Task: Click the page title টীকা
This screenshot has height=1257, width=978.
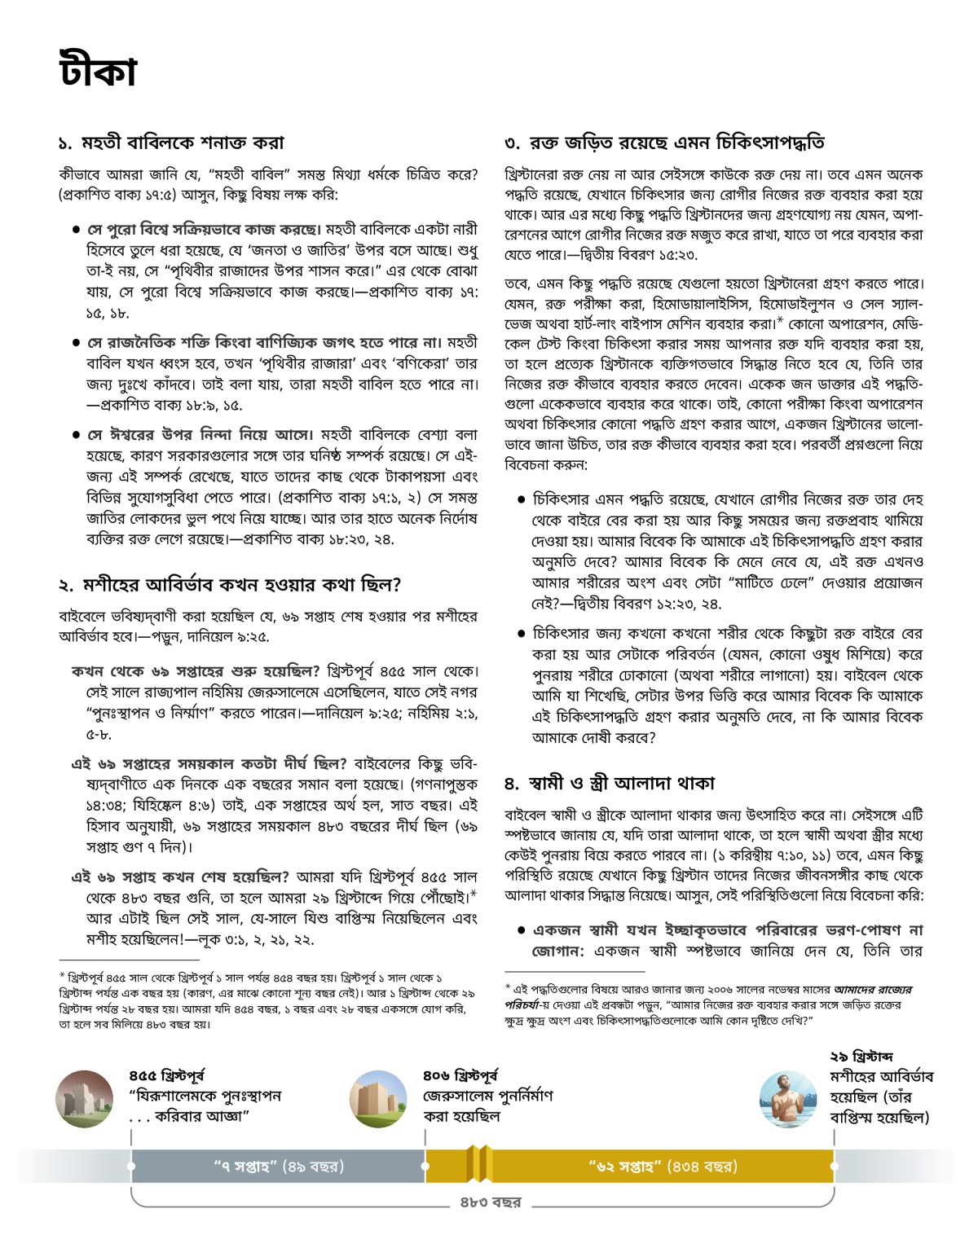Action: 98,70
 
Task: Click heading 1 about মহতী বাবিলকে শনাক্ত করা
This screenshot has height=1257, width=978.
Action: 171,143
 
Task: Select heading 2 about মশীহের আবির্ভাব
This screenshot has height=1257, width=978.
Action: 230,584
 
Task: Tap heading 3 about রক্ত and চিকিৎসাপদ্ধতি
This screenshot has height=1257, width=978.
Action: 664,143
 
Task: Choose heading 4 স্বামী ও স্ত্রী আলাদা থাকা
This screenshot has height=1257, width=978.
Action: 609,783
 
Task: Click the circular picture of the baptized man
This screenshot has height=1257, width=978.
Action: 787,1099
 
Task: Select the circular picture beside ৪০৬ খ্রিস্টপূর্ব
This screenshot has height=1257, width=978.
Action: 377,1099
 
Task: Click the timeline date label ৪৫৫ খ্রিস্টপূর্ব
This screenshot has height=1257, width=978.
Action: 167,1075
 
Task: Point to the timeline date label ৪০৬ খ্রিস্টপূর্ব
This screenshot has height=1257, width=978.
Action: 460,1075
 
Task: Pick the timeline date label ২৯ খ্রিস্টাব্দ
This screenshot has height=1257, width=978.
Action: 861,1057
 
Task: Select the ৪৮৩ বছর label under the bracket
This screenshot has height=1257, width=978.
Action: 490,1202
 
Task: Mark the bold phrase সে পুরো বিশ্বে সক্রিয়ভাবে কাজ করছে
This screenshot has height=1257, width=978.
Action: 204,229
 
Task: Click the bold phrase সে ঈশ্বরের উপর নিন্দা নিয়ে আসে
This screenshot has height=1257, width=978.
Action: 200,434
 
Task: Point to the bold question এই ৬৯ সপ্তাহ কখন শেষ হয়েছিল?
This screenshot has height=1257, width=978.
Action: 180,877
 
